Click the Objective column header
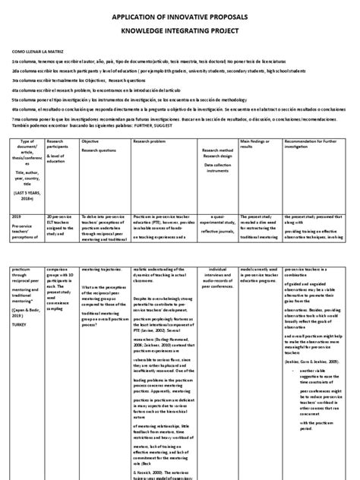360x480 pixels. pos(90,141)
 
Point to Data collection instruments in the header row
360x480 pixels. pos(216,166)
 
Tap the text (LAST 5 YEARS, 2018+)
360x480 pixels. pos(29,193)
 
